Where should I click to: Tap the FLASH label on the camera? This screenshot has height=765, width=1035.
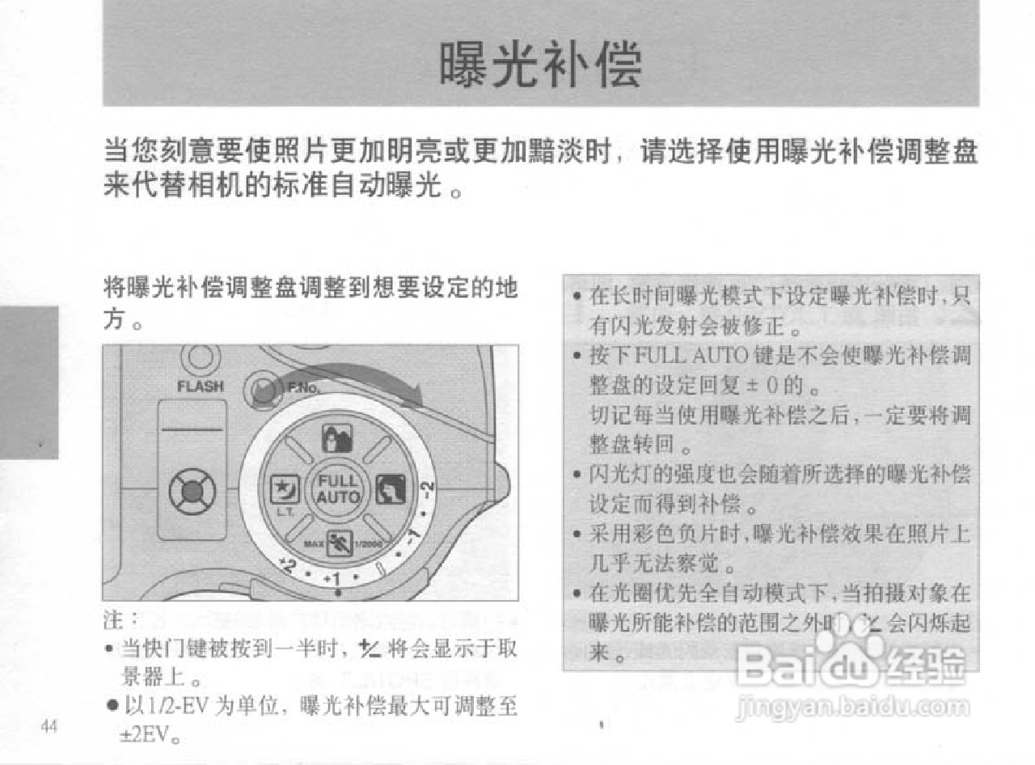200,386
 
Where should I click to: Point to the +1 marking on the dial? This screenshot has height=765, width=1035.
332,580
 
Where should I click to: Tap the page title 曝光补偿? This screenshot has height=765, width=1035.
540,65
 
